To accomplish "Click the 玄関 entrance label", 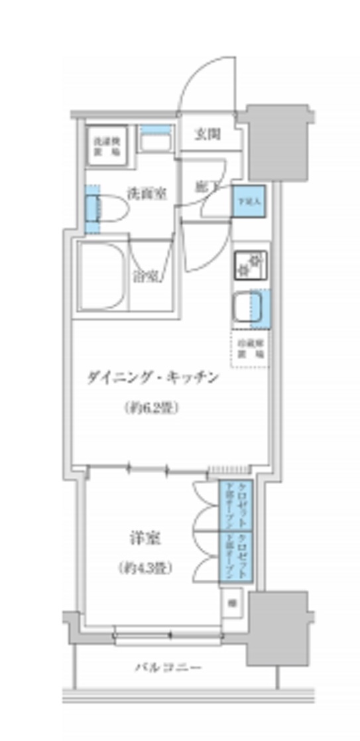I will (x=208, y=135).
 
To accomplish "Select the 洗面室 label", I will (x=146, y=194).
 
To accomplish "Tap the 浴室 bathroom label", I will (x=145, y=276).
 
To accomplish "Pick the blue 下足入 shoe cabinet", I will (x=249, y=201).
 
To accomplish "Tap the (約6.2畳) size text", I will (x=152, y=409).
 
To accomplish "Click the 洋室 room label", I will (x=143, y=537).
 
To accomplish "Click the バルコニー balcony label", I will (x=168, y=666).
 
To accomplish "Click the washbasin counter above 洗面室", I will (x=156, y=139).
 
